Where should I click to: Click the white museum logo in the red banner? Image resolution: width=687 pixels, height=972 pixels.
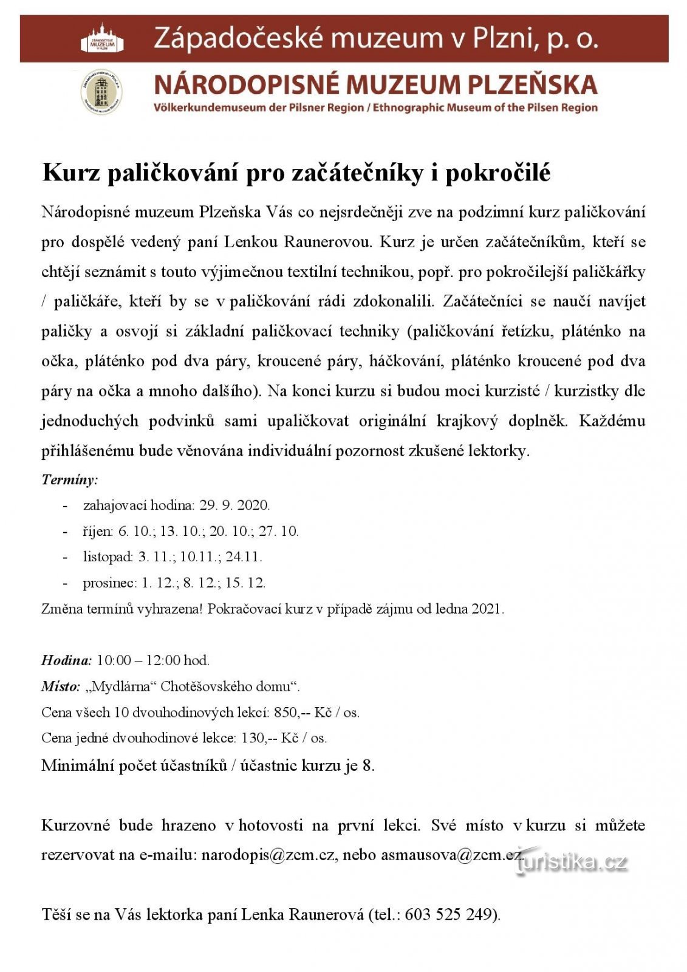pos(102,39)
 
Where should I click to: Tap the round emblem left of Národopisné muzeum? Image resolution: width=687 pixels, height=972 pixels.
pos(101,92)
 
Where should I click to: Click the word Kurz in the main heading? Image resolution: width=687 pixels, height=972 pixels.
pos(70,174)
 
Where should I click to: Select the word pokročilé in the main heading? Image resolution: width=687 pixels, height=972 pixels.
pos(498,174)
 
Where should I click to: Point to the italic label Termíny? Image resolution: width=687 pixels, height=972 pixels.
pos(70,480)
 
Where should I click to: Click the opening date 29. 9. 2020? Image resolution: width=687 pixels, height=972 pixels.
pos(234,505)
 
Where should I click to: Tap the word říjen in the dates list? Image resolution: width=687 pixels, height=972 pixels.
pos(98,532)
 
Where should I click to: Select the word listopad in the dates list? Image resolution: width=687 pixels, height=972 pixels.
pos(108,557)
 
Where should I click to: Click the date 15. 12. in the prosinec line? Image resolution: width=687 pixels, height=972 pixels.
pos(245,583)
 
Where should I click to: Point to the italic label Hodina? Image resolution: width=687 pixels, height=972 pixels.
pos(66,660)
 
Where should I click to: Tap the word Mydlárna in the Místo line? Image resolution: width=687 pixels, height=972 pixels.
pos(123,686)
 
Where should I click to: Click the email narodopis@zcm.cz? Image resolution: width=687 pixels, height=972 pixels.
pos(268,855)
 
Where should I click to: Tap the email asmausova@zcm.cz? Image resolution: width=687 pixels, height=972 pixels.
pos(451,855)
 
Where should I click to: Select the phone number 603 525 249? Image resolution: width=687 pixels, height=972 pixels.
pos(450,915)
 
